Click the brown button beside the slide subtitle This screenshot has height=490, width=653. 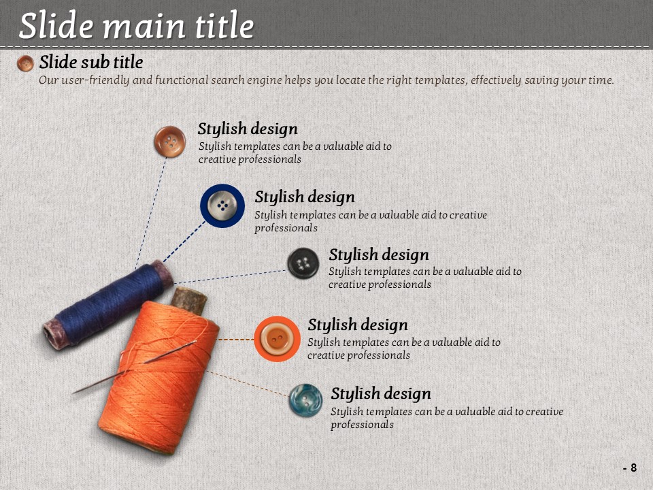tap(25, 63)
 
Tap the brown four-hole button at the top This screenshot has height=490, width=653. tap(169, 142)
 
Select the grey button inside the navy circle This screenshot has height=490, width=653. tap(222, 206)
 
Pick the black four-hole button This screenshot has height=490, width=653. tap(303, 263)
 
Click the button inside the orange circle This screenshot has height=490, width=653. tap(277, 338)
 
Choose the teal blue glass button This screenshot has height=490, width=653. tap(305, 400)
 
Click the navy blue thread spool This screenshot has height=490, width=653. tap(108, 305)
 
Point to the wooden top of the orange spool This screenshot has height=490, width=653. tap(188, 300)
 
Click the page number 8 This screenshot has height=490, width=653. tap(633, 468)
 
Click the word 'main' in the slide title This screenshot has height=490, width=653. tap(144, 26)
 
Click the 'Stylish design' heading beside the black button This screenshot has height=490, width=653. tap(379, 255)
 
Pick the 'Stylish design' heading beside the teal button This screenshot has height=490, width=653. tap(381, 393)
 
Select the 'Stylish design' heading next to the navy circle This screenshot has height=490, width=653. tap(305, 197)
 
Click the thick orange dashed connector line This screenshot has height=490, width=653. tap(236, 340)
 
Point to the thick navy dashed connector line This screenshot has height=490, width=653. tap(184, 242)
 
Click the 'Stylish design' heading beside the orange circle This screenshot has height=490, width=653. tap(357, 325)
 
